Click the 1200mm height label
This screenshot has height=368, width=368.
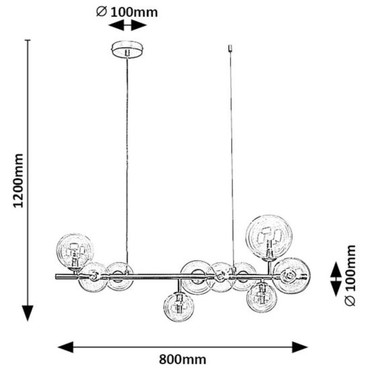(x=18, y=181)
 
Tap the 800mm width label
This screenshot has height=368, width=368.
(x=183, y=359)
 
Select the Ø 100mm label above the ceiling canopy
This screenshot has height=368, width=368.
(x=127, y=12)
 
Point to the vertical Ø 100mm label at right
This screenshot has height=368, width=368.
(x=350, y=275)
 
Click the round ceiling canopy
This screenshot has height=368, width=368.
(x=128, y=49)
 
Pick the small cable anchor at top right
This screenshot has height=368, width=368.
(x=230, y=48)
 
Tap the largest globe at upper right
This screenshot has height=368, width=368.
(x=269, y=238)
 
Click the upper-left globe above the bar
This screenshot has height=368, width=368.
(x=75, y=251)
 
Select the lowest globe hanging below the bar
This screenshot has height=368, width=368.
(x=179, y=307)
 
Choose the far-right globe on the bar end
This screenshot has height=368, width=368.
(x=291, y=276)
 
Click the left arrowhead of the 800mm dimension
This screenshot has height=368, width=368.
(x=66, y=347)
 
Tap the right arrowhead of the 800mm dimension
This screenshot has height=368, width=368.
(x=300, y=347)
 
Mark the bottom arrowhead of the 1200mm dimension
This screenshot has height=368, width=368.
(x=28, y=313)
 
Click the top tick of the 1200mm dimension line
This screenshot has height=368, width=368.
(x=28, y=40)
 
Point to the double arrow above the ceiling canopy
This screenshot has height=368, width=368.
(x=128, y=25)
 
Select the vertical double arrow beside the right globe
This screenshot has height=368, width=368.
(x=336, y=279)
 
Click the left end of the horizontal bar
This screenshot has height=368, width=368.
(x=56, y=277)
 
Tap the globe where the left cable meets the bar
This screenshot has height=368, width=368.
(x=120, y=276)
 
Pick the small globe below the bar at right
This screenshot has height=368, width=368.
(x=262, y=297)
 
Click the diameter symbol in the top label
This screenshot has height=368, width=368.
(x=101, y=11)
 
